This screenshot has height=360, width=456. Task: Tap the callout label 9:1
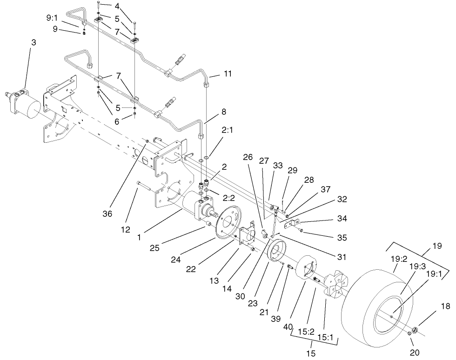pos(53,19)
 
